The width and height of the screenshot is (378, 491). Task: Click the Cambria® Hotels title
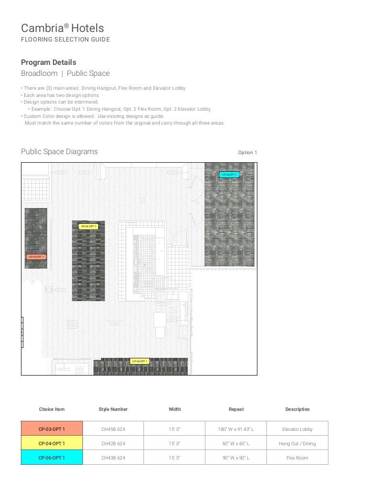pyautogui.click(x=62, y=28)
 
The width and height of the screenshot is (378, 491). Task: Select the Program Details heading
pyautogui.click(x=49, y=63)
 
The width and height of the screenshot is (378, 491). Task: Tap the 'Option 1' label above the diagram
pyautogui.click(x=247, y=153)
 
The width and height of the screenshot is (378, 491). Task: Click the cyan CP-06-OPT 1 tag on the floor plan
pyautogui.click(x=229, y=175)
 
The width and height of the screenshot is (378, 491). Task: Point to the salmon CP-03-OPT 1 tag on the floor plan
pyautogui.click(x=36, y=257)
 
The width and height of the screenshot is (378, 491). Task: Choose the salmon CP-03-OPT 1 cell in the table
pyautogui.click(x=51, y=429)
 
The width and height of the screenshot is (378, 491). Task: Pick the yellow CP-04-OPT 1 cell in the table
pyautogui.click(x=51, y=443)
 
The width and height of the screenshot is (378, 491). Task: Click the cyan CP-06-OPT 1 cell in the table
pyautogui.click(x=51, y=458)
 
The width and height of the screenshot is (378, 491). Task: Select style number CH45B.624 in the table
pyautogui.click(x=113, y=429)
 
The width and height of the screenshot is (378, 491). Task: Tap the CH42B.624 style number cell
pyautogui.click(x=113, y=443)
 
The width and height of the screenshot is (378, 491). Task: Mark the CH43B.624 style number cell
pyautogui.click(x=113, y=458)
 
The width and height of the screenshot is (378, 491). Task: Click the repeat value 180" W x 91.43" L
pyautogui.click(x=236, y=429)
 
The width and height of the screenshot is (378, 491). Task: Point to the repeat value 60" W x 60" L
pyautogui.click(x=236, y=443)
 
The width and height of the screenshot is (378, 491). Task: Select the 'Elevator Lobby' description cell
pyautogui.click(x=297, y=429)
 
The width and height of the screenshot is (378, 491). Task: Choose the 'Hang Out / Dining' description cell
pyautogui.click(x=297, y=443)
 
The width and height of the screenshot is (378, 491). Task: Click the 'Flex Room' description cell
pyautogui.click(x=297, y=458)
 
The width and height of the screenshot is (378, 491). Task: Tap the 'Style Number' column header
pyautogui.click(x=113, y=409)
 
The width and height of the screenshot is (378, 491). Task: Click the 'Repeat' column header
pyautogui.click(x=236, y=409)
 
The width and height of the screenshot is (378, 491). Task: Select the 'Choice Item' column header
pyautogui.click(x=51, y=409)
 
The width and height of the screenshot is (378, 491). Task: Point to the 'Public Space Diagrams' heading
pyautogui.click(x=59, y=152)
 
